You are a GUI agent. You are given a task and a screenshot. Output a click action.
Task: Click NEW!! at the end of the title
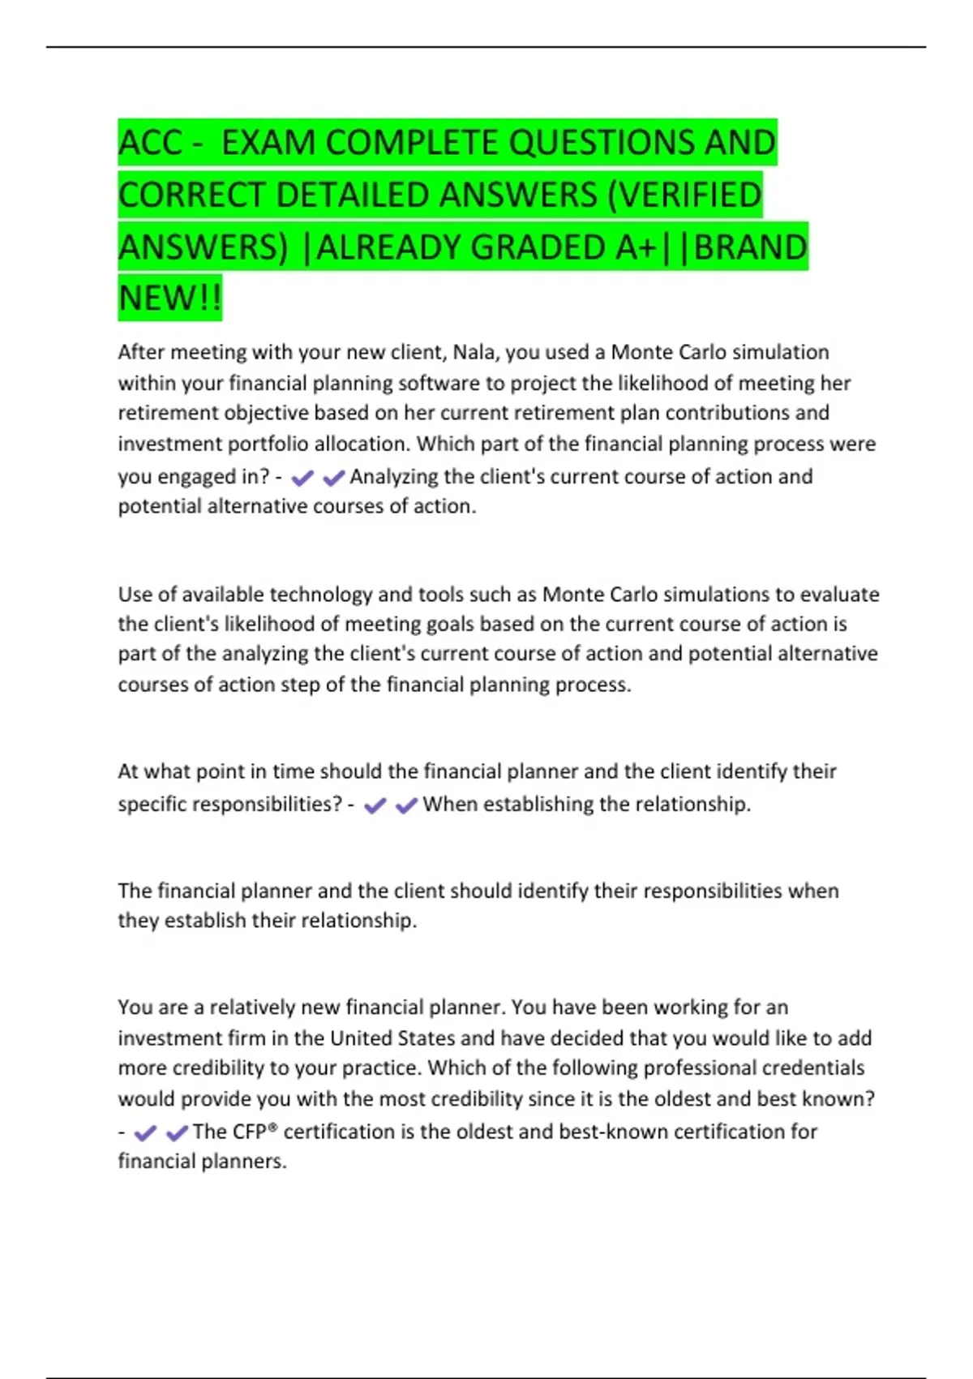click(170, 298)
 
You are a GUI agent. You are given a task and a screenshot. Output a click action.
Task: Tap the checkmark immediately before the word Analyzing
click(334, 479)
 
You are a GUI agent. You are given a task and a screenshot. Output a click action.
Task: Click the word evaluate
click(840, 595)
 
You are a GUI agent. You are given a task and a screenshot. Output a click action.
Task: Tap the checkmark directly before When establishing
click(406, 805)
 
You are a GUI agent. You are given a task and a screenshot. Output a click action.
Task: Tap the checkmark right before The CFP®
click(177, 1133)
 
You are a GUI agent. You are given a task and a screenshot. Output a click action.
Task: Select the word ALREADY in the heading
click(389, 247)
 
